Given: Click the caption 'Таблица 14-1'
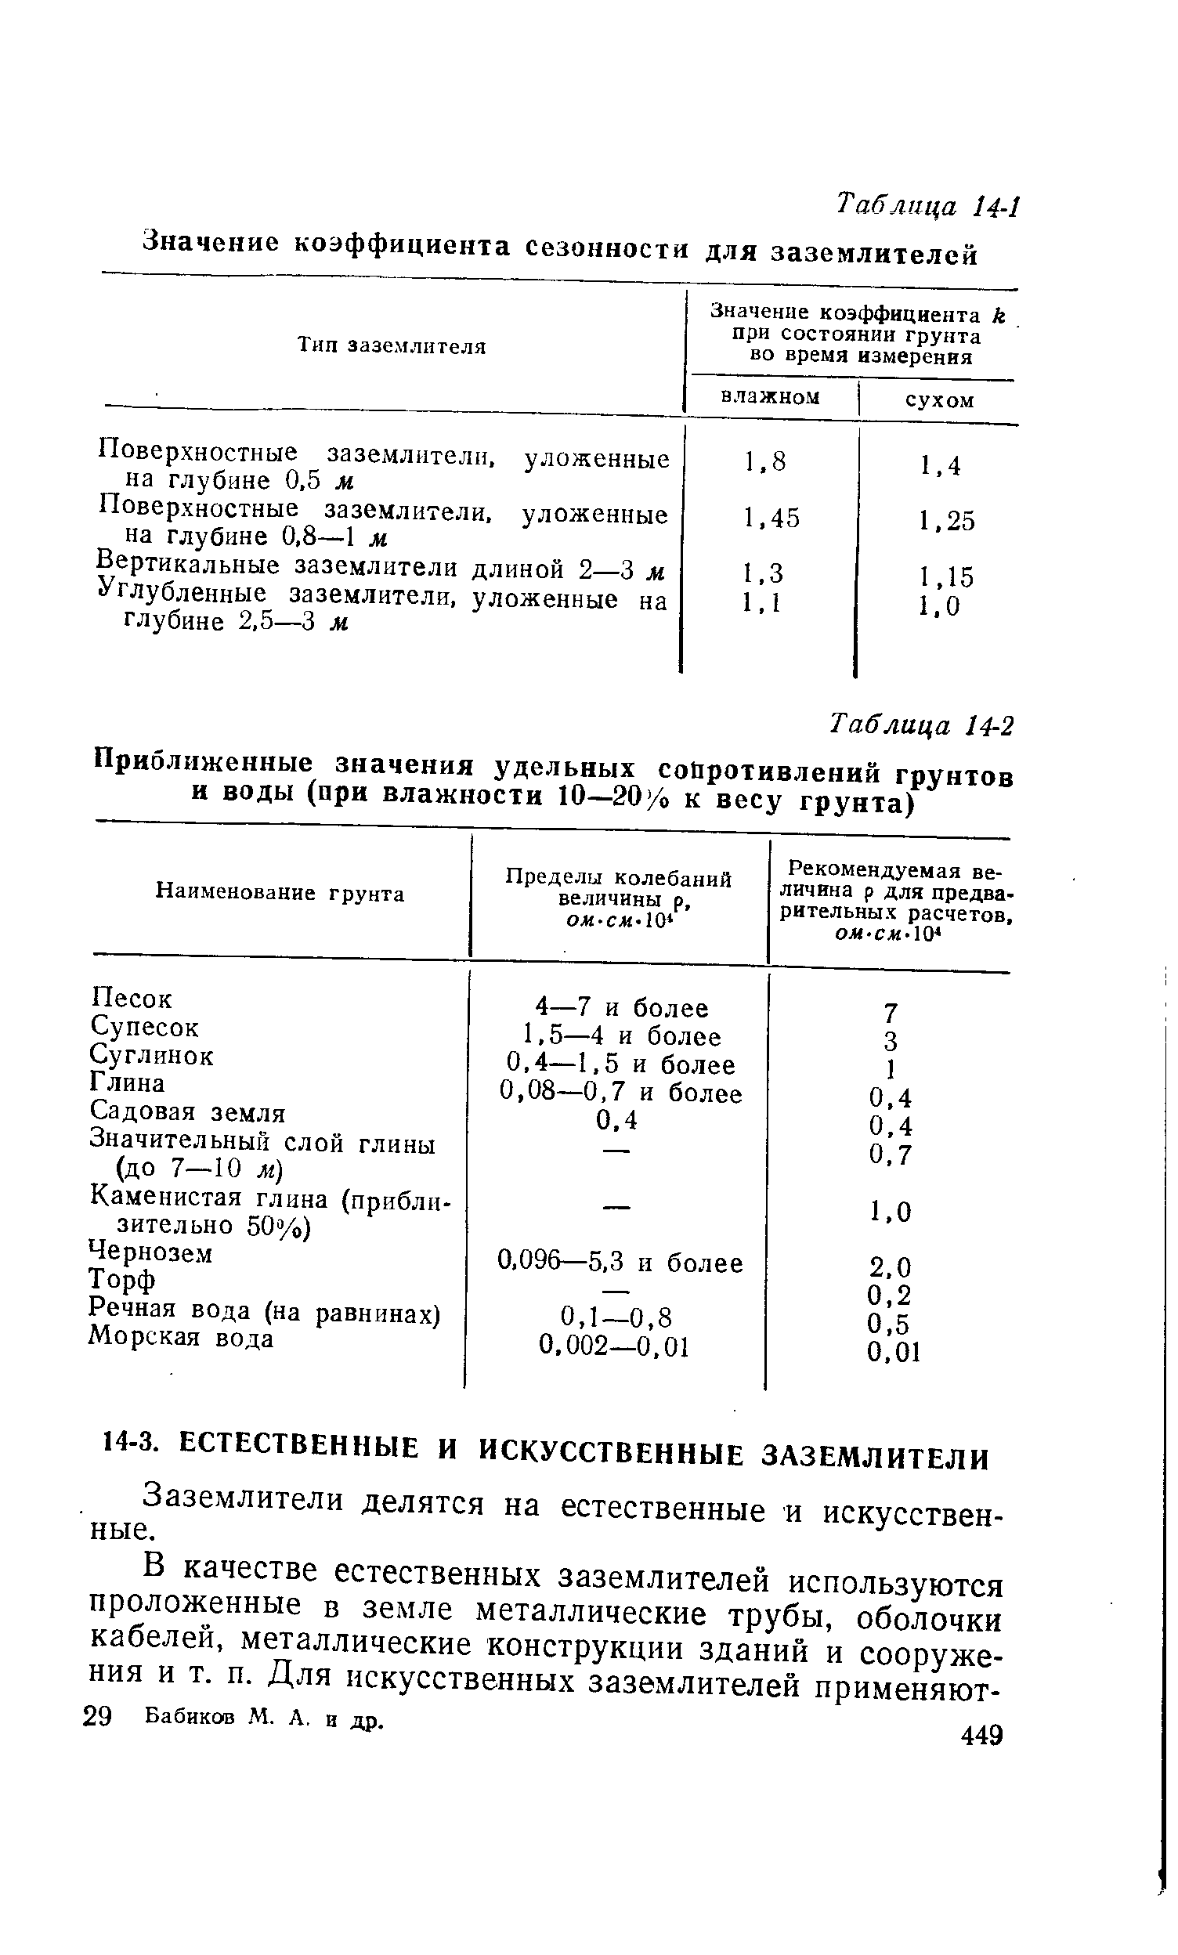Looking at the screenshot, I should click(926, 207).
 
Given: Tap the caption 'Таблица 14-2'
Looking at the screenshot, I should click(921, 724).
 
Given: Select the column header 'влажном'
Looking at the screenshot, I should click(769, 396).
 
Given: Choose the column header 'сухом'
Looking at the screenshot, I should click(939, 400).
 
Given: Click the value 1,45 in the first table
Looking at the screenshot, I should click(771, 518).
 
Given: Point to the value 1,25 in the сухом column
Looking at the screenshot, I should click(945, 521).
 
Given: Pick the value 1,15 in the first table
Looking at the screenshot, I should click(945, 576).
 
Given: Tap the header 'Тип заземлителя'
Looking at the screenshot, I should click(390, 346).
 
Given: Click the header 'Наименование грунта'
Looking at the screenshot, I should click(280, 894).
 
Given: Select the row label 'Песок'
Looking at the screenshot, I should click(131, 998).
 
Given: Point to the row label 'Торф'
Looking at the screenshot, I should click(122, 1280).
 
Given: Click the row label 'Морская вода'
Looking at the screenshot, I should click(182, 1339).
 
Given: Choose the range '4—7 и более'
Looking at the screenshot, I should click(621, 1007).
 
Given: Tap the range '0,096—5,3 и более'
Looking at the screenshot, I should click(620, 1263).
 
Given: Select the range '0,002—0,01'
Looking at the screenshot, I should click(613, 1346).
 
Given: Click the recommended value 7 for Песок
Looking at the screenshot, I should click(890, 1013).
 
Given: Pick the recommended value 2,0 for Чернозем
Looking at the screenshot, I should click(890, 1266).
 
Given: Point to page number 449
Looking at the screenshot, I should click(981, 1735).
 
